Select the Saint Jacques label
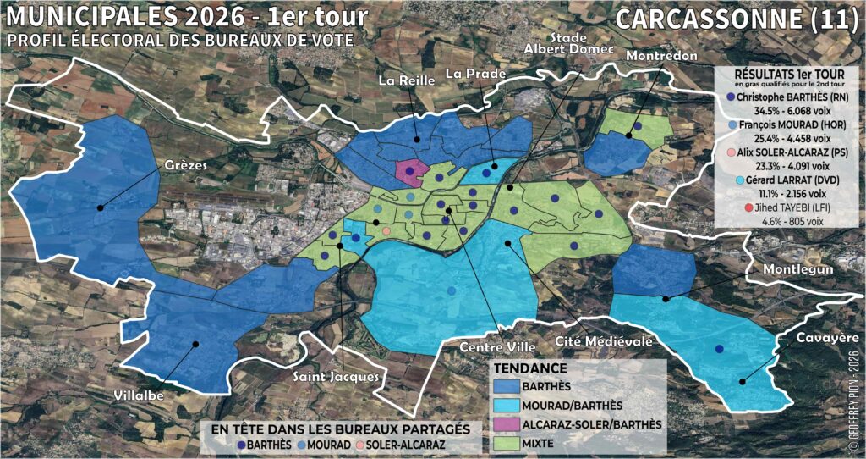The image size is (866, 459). [x=333, y=376]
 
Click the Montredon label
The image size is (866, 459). [x=662, y=56]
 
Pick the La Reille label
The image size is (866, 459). [x=406, y=80]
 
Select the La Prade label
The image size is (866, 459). [x=475, y=73]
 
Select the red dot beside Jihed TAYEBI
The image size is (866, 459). [x=748, y=207]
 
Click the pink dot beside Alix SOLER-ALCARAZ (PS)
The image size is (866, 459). [x=728, y=152]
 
